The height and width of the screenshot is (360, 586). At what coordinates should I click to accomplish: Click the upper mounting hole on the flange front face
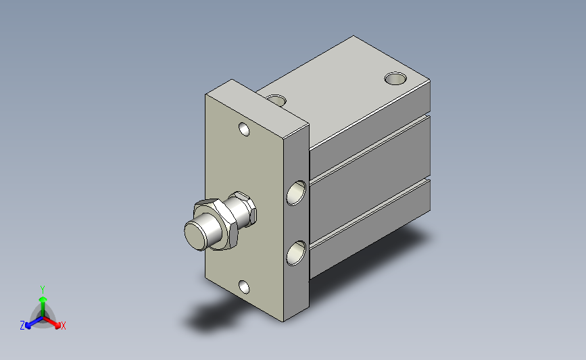pos(245,129)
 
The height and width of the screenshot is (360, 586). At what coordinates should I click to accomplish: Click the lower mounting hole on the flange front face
pos(244,287)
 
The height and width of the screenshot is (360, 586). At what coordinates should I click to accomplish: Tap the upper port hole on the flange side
pos(296,193)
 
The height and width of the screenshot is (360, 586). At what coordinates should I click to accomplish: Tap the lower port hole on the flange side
pos(296,253)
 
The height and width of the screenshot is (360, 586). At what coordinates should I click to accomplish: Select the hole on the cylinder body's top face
pos(395,78)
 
